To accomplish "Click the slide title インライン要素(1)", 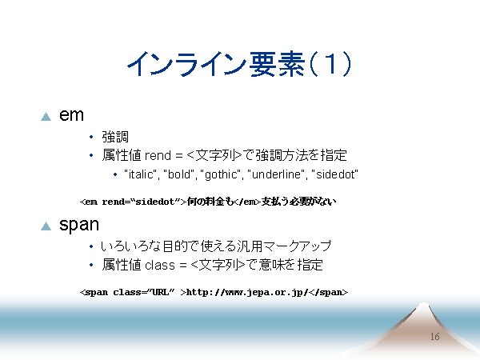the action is (239, 64).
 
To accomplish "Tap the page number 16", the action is (434, 337).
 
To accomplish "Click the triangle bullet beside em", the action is (46, 117).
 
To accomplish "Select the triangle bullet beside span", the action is (46, 226).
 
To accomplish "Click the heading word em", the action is (71, 115).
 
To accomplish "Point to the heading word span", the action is (79, 226).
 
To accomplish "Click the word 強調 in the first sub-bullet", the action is (115, 137).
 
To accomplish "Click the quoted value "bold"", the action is (179, 174).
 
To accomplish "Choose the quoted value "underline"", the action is (278, 174).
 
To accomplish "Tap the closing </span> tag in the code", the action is (328, 292).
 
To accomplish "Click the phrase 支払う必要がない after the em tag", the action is (298, 202).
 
